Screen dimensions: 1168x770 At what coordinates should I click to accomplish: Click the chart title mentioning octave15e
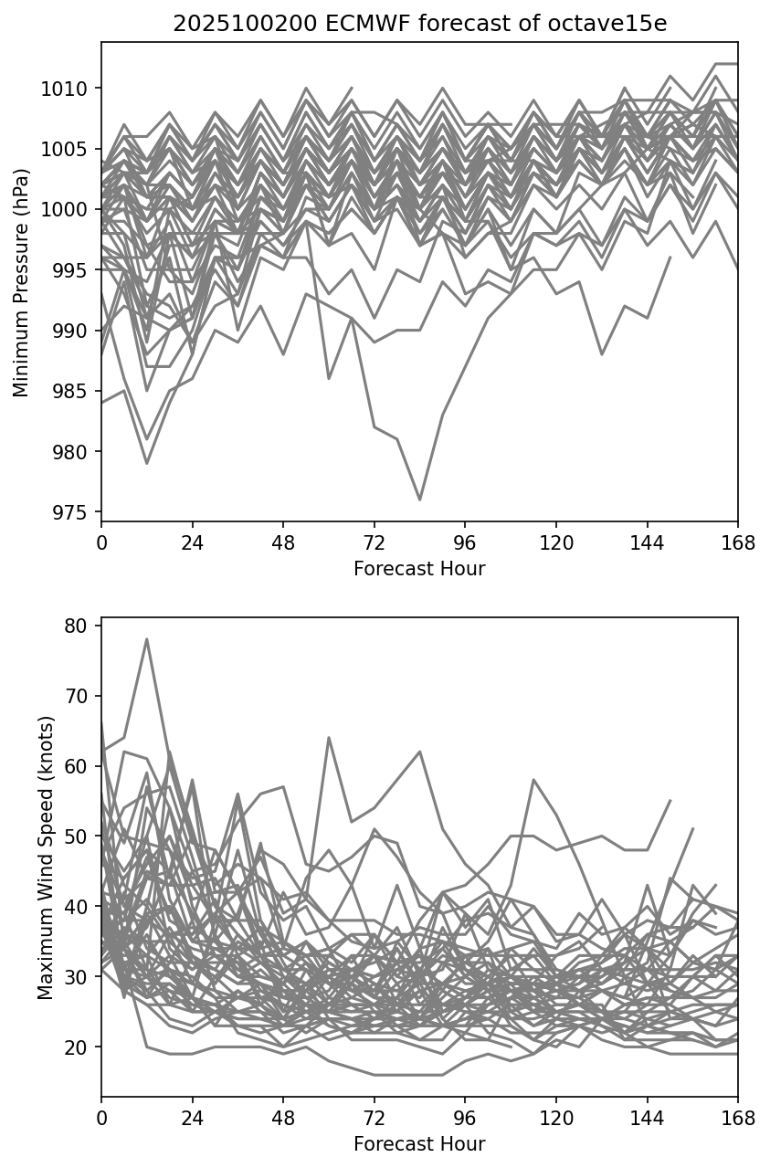click(x=419, y=25)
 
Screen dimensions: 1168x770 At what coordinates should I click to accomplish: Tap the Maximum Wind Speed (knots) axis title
click(x=46, y=857)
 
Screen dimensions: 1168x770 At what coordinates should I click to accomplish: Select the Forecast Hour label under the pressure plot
click(x=419, y=569)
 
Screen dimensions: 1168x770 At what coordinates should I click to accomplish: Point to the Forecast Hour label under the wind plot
click(x=419, y=1143)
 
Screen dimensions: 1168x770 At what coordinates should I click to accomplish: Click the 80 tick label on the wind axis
click(x=76, y=626)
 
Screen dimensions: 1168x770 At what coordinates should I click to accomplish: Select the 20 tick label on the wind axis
click(x=76, y=1047)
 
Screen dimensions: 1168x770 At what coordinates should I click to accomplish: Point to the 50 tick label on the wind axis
click(x=76, y=837)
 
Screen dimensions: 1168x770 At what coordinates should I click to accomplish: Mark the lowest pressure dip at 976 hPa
click(x=419, y=500)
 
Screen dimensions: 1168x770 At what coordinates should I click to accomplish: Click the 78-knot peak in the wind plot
click(x=146, y=639)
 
